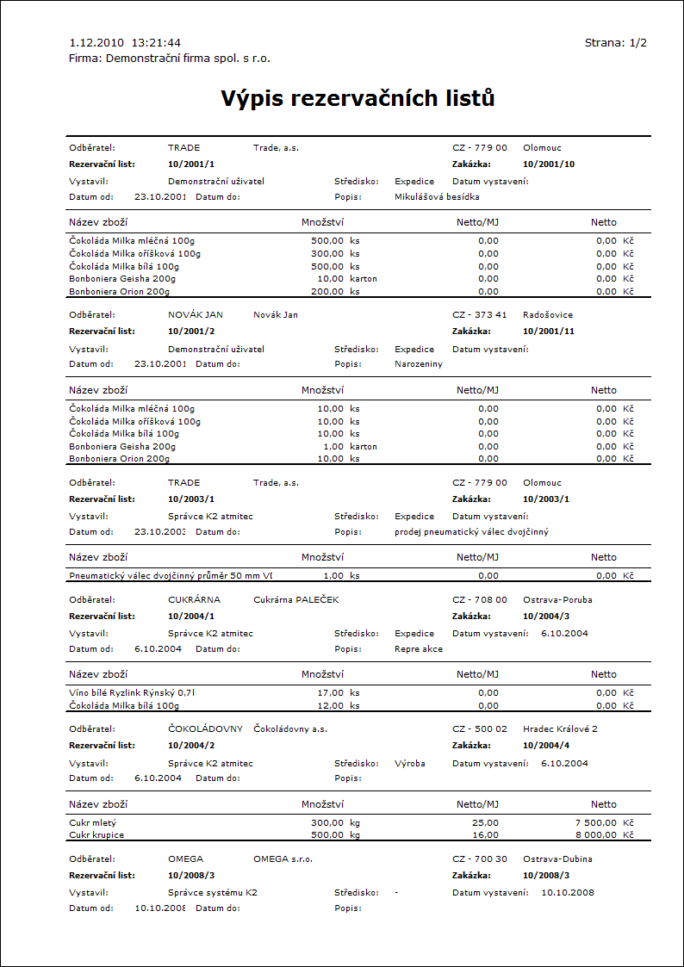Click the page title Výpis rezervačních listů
click(358, 98)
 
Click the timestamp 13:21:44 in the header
click(156, 42)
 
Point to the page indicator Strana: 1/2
click(615, 42)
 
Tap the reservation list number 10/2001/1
click(190, 164)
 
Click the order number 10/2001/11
click(548, 332)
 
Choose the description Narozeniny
click(418, 364)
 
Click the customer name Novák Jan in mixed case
click(275, 315)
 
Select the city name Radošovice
click(547, 315)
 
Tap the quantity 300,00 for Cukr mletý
click(327, 822)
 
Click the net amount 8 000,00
click(595, 834)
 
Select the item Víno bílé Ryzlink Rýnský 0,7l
click(138, 692)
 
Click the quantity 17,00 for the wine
click(332, 692)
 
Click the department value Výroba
click(409, 763)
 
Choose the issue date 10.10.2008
click(567, 892)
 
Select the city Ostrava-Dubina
click(557, 859)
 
